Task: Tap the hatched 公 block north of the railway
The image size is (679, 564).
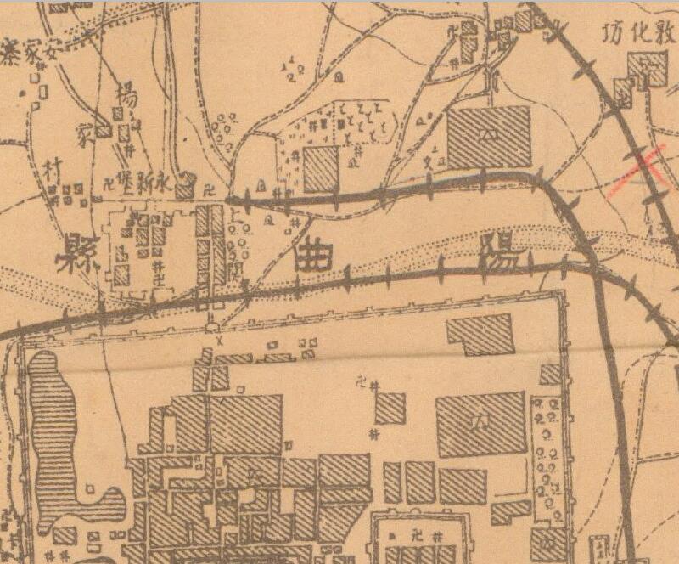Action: pyautogui.click(x=488, y=136)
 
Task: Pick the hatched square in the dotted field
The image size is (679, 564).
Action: pyautogui.click(x=321, y=169)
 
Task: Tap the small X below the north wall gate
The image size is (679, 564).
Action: pyautogui.click(x=218, y=339)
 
